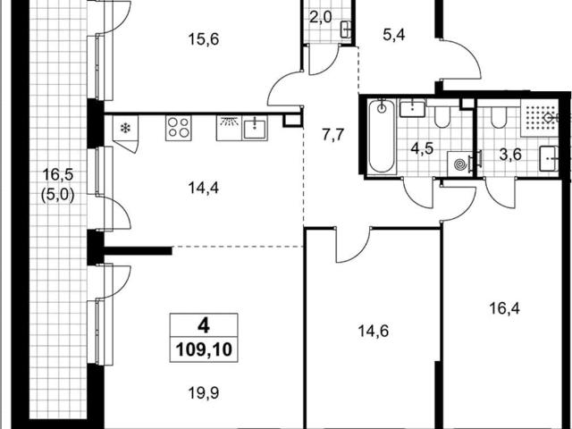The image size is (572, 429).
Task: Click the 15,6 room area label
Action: pyautogui.click(x=204, y=39)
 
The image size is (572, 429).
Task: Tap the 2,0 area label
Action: pyautogui.click(x=321, y=17)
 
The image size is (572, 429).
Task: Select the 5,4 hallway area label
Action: pyautogui.click(x=394, y=36)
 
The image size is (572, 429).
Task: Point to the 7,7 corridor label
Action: pyautogui.click(x=333, y=135)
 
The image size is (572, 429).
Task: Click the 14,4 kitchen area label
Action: pyautogui.click(x=204, y=188)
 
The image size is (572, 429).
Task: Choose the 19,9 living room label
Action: pyautogui.click(x=204, y=393)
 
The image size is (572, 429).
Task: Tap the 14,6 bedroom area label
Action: pyautogui.click(x=374, y=332)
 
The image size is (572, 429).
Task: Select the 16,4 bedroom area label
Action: pyautogui.click(x=504, y=309)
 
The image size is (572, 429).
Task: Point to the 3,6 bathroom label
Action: pyautogui.click(x=510, y=155)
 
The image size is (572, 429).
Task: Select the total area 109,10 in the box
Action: pyautogui.click(x=204, y=349)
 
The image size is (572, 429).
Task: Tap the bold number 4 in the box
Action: pyautogui.click(x=204, y=325)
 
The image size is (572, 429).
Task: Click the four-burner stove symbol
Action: pyautogui.click(x=179, y=128)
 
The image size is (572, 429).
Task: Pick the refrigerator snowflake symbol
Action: pyautogui.click(x=125, y=128)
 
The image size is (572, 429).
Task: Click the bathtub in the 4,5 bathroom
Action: pyautogui.click(x=382, y=136)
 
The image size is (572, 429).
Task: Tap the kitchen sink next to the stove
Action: pyautogui.click(x=255, y=130)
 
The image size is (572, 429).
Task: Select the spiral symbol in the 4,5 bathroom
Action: pyautogui.click(x=461, y=164)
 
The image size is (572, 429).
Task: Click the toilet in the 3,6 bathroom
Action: pyautogui.click(x=499, y=118)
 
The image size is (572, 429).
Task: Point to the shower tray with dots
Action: pyautogui.click(x=539, y=118)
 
